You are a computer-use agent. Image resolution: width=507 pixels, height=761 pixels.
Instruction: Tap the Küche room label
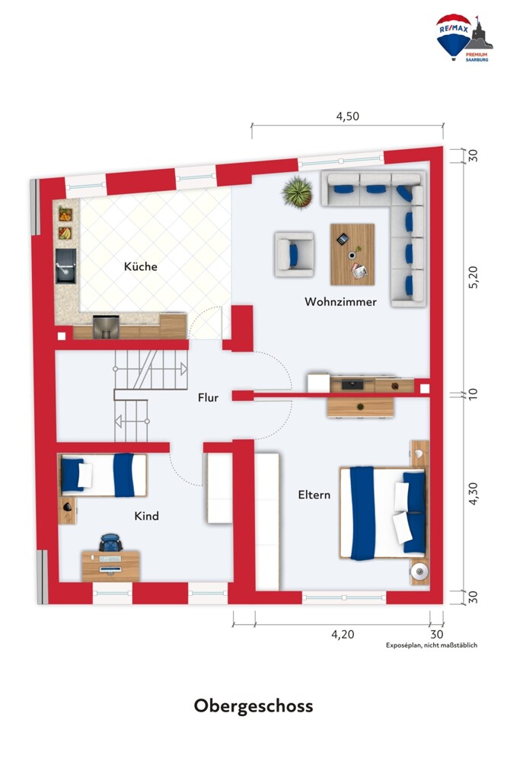pos(140,266)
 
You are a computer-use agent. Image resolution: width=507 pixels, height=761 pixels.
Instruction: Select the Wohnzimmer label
pos(340,301)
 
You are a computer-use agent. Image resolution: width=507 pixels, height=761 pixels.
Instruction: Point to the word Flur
pos(208,397)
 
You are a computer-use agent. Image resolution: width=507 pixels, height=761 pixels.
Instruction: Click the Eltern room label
pos(314,495)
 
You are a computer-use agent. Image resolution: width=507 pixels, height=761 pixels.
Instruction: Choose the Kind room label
pos(147,515)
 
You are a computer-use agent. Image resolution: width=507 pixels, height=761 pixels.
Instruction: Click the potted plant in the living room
pos(297,193)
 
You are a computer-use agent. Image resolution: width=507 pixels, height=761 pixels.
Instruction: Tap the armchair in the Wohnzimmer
pos(295,254)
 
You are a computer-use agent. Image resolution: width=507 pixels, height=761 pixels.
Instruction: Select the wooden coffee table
pos(352,254)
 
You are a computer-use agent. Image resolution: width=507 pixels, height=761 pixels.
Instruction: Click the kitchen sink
pos(65,266)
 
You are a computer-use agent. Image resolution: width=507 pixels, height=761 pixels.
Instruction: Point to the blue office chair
pos(110,542)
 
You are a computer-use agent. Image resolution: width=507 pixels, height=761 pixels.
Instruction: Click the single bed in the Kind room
pos(103,475)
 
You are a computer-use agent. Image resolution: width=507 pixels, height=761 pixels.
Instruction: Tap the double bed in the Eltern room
pos(383,512)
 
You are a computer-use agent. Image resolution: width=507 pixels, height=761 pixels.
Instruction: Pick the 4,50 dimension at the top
pos(348,116)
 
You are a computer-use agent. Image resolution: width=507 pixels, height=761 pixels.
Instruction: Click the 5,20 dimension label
pos(473,277)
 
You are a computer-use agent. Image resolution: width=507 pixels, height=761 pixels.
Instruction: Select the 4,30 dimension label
pos(473,493)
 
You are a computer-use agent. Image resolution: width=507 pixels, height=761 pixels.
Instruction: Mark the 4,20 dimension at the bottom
pos(343,634)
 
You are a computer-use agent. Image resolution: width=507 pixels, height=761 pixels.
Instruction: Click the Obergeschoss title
pos(253,705)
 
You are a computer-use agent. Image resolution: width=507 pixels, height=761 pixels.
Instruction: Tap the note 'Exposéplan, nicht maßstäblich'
pos(432,645)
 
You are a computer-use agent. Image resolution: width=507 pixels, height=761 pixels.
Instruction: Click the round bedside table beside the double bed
pos(419,572)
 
